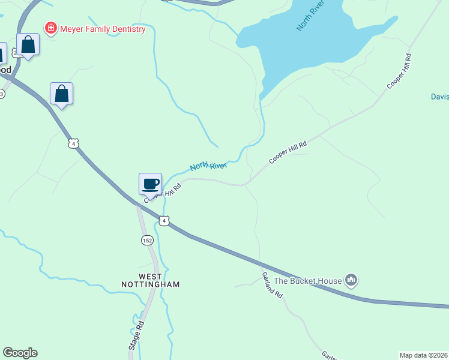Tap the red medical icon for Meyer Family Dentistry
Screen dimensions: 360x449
[x=51, y=28]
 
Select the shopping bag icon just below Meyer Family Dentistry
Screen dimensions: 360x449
[x=28, y=45]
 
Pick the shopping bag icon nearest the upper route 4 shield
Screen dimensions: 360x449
[x=61, y=94]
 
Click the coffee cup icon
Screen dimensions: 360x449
[x=151, y=184]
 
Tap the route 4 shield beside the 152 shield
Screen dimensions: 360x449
[x=164, y=221]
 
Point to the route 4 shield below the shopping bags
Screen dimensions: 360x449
[x=73, y=143]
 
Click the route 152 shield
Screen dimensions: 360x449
[x=147, y=240]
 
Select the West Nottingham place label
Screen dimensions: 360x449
[x=150, y=280]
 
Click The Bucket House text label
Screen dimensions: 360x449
[x=307, y=280]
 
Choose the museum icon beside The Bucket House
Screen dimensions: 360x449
[x=351, y=280]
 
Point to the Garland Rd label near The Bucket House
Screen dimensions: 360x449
[x=272, y=285]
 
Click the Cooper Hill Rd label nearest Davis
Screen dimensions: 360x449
[x=399, y=72]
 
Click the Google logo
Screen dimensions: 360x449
[x=20, y=353]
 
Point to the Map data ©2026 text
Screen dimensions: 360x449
[x=424, y=355]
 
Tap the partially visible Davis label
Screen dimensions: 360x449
[x=440, y=97]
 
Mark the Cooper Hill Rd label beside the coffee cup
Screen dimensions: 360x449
[x=163, y=193]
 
